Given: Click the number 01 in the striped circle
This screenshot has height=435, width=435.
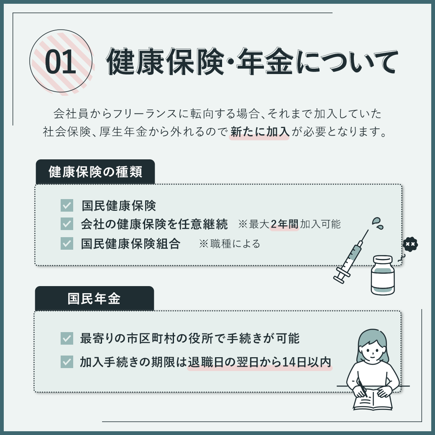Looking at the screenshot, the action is point(61,62).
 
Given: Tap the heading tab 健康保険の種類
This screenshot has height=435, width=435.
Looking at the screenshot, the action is point(95,172).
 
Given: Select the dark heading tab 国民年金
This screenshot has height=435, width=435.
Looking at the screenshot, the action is point(95,299).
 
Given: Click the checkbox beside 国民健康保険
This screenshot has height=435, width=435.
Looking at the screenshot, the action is point(67,205).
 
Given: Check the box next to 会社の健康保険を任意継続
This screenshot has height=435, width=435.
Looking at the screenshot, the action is point(67,224).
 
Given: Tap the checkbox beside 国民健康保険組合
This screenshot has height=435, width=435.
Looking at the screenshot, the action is point(67,243).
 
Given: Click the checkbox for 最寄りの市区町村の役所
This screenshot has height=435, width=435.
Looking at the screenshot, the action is point(67,338).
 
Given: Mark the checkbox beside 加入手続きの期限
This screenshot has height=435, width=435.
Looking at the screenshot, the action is point(67,362).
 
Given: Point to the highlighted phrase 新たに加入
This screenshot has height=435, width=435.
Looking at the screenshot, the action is point(260,132).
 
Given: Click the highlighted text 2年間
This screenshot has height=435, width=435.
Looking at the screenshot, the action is point(284,224).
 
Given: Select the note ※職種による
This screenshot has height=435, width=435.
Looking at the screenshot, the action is point(230,244).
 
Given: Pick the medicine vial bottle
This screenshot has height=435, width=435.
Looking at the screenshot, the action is point(383,275).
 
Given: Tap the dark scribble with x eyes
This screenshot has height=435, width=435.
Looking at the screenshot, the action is point(410,244).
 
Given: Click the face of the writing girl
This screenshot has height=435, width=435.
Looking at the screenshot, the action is point(373,350).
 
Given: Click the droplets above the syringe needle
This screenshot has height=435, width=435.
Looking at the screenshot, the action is point(378,223).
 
